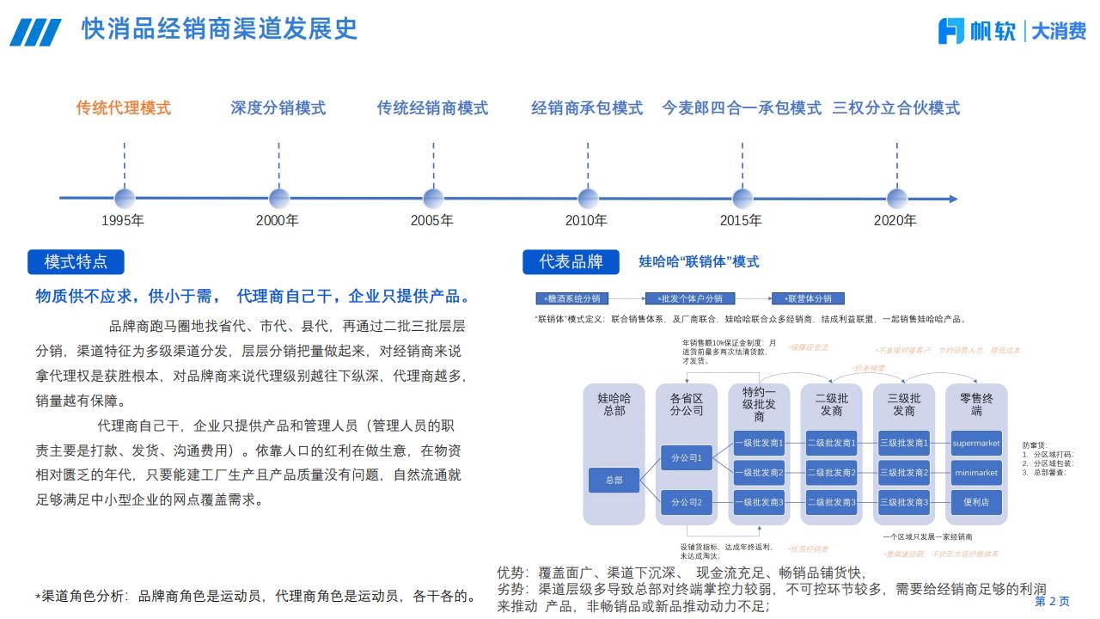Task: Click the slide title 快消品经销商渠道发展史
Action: click(219, 28)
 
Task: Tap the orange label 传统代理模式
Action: click(124, 108)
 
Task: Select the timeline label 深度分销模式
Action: click(278, 108)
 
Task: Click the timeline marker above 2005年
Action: click(433, 199)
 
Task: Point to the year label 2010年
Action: click(586, 220)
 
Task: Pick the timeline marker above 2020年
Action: click(896, 199)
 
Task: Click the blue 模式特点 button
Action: click(76, 261)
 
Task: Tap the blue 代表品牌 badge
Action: click(571, 261)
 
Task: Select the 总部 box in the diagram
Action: click(614, 480)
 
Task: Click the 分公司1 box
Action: click(687, 457)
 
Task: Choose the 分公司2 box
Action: click(687, 502)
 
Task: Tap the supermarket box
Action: click(976, 444)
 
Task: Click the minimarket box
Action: click(976, 473)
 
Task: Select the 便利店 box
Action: click(976, 502)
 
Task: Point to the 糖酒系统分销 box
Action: click(572, 298)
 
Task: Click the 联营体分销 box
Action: click(808, 298)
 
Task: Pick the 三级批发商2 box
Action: click(904, 473)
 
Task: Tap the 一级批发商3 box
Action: click(759, 502)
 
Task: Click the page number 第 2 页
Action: click(1052, 601)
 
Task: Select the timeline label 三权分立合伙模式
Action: click(896, 108)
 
